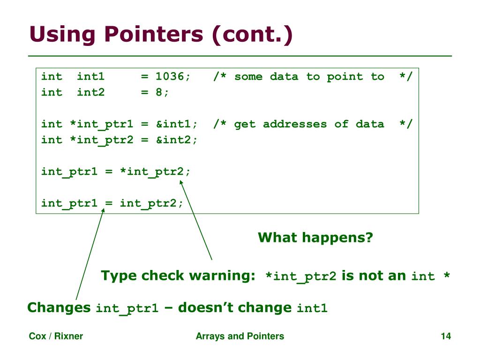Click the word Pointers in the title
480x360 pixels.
(x=154, y=34)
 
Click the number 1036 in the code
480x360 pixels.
(x=170, y=76)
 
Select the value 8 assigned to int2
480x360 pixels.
(x=159, y=92)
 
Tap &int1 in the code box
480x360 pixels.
(x=173, y=124)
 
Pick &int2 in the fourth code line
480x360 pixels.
(x=173, y=140)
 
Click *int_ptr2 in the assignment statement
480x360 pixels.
(x=152, y=172)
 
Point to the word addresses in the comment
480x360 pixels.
(x=295, y=124)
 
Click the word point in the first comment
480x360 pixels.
(x=345, y=77)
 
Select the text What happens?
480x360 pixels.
(x=315, y=237)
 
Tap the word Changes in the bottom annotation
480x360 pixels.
(x=59, y=307)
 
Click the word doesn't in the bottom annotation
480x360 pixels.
(x=206, y=307)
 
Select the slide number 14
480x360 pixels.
(x=446, y=336)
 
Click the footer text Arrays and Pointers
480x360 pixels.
(x=240, y=336)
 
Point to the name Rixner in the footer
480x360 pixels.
(x=68, y=336)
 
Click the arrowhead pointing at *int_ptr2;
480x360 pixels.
(x=181, y=182)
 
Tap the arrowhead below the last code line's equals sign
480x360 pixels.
(x=103, y=210)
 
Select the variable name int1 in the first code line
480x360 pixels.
(x=90, y=76)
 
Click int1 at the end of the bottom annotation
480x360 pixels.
(x=312, y=308)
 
